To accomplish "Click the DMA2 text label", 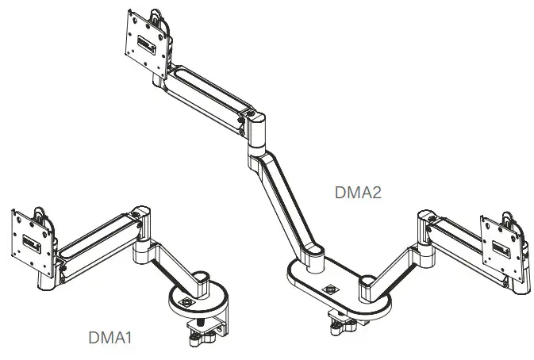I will tap(359, 191).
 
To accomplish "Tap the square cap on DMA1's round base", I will tap(187, 301).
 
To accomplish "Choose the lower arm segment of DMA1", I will tap(170, 262).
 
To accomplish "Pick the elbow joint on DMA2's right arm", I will tap(420, 231).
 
